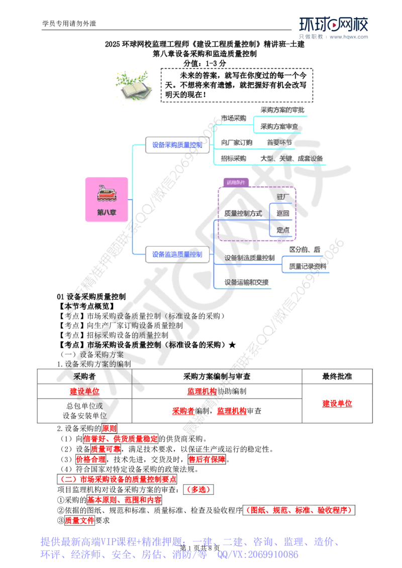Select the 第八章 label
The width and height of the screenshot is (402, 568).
pyautogui.click(x=106, y=212)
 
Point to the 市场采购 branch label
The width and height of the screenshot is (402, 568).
pyautogui.click(x=234, y=118)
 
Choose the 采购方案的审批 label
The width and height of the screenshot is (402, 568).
pyautogui.click(x=282, y=110)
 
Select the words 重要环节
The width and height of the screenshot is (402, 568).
pyautogui.click(x=279, y=142)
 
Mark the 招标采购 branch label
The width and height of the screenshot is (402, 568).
pyautogui.click(x=234, y=159)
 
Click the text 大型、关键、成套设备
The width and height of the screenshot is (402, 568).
pyautogui.click(x=291, y=159)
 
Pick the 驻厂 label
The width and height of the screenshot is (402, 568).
pyautogui.click(x=283, y=196)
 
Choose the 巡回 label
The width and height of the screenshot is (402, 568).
pyautogui.click(x=283, y=213)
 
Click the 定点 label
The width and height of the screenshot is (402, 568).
pyautogui.click(x=283, y=230)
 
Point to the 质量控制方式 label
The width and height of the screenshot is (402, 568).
pyautogui.click(x=243, y=213)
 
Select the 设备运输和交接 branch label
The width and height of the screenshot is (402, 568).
pyautogui.click(x=246, y=282)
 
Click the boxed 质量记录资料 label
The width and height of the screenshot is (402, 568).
pyautogui.click(x=307, y=266)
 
